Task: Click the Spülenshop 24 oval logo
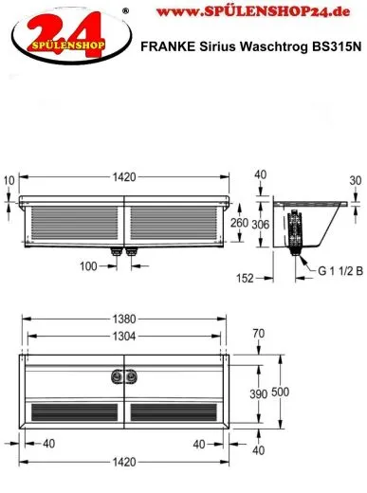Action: click(71, 36)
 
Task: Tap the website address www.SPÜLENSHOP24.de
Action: click(253, 11)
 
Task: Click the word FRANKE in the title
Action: click(168, 46)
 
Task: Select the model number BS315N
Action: click(337, 46)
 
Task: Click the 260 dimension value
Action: click(239, 223)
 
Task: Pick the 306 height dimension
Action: click(261, 225)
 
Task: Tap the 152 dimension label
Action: click(245, 278)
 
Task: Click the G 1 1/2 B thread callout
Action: click(340, 271)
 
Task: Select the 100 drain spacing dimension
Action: click(88, 266)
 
